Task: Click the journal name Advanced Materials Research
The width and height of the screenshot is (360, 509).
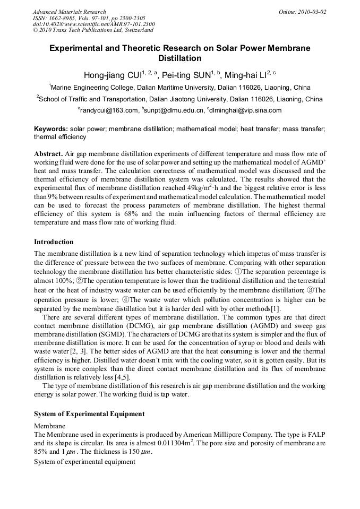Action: (69, 12)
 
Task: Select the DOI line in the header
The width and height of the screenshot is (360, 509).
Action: (93, 24)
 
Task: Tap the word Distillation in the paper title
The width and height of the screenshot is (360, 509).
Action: (180, 58)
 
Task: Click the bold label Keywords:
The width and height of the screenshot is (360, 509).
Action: (51, 129)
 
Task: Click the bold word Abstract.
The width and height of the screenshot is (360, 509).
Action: (47, 153)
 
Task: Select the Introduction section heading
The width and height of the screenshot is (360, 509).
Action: (54, 242)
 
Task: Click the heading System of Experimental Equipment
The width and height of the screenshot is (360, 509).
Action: (89, 413)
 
